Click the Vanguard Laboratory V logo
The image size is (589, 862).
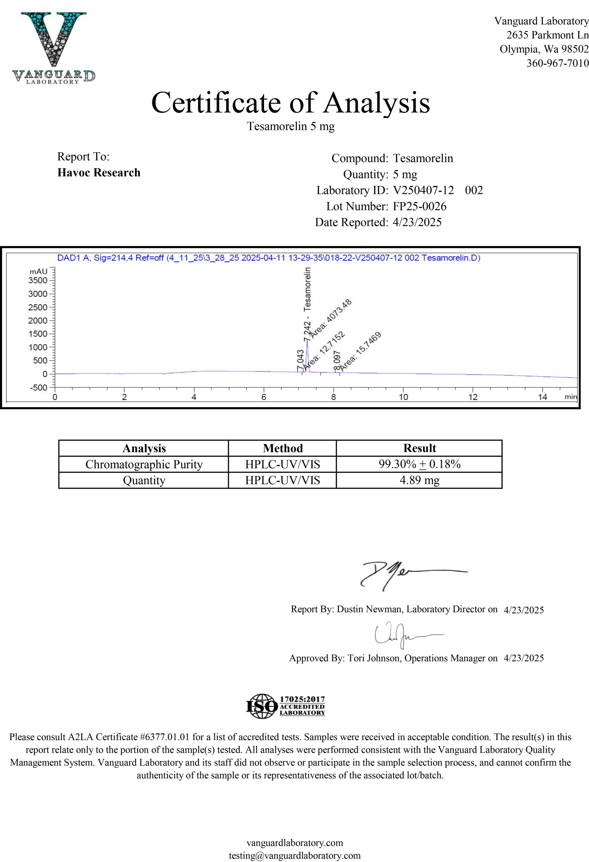click(x=54, y=46)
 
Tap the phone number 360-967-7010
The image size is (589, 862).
click(x=557, y=63)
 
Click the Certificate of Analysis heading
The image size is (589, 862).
click(x=290, y=102)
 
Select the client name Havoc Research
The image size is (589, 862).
click(x=99, y=172)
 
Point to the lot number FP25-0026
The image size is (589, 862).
click(x=420, y=206)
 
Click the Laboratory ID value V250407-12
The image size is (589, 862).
click(x=423, y=190)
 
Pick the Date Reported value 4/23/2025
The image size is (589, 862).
click(x=417, y=222)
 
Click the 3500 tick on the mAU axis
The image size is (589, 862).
click(x=38, y=280)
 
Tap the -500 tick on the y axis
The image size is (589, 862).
click(x=39, y=388)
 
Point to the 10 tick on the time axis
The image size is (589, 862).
click(x=403, y=397)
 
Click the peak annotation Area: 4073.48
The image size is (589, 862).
click(x=331, y=318)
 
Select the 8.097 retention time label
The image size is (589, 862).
click(x=337, y=360)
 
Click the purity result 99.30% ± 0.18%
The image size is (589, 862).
click(x=419, y=464)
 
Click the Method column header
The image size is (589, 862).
click(x=283, y=448)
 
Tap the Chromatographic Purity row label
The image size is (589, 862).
click(x=144, y=464)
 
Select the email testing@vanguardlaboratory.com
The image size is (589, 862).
click(x=294, y=855)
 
